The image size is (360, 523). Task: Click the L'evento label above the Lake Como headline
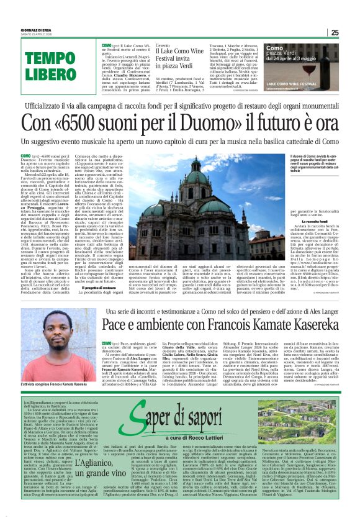point(163,45)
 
